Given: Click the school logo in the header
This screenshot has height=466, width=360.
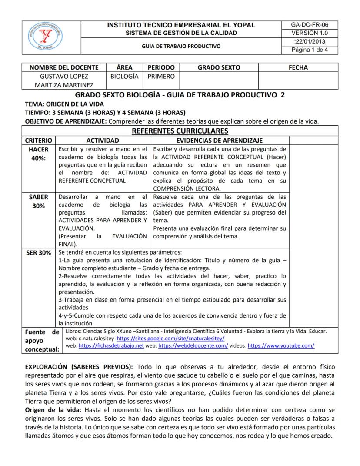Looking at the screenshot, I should point(45,36).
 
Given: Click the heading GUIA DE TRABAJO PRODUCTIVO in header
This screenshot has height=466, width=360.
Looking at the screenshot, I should point(181,46).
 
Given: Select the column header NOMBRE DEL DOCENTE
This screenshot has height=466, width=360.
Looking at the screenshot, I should point(63,67).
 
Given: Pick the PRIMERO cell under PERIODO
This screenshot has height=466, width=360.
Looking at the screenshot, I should point(161,76).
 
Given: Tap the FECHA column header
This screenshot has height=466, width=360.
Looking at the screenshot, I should point(298,67).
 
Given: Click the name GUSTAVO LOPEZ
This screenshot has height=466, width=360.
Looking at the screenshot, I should point(63,76).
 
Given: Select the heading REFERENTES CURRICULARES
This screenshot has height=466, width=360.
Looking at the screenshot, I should point(180,131).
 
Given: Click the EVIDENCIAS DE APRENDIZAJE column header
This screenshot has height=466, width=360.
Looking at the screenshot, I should point(219,141).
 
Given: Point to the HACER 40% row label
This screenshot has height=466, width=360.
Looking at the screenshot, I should point(39,154).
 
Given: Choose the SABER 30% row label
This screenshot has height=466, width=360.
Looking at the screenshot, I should point(39,201).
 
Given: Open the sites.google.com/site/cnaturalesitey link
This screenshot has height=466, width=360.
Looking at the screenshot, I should point(170,338).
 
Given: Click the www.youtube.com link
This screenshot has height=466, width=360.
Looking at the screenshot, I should point(280,345).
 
